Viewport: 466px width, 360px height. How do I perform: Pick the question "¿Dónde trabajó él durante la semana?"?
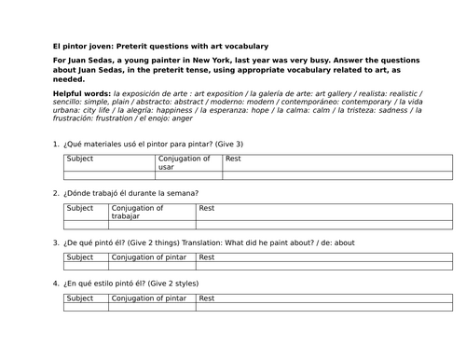coord(130,194)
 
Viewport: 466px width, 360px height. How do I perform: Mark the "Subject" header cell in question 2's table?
coord(80,208)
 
